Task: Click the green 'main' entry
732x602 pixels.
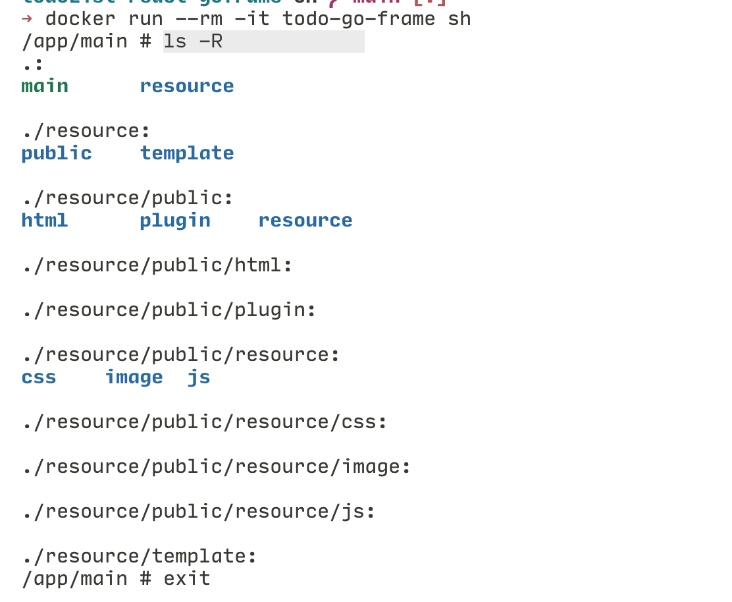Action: tap(45, 86)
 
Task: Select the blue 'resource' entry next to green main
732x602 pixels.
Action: tap(187, 86)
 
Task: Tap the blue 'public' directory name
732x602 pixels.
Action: tap(57, 153)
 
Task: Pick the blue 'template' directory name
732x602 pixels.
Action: tap(187, 153)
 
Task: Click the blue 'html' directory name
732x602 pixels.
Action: tap(45, 221)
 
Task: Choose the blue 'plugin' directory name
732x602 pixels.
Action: tap(175, 221)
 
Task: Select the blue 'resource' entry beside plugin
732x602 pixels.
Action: tap(305, 221)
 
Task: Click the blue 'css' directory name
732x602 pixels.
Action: tap(39, 377)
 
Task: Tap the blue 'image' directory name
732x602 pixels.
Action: tap(134, 377)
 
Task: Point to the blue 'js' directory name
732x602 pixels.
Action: tap(199, 377)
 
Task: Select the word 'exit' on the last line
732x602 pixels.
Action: tap(187, 579)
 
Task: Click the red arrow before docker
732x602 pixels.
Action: tap(27, 18)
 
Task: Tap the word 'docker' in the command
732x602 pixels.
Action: tap(80, 18)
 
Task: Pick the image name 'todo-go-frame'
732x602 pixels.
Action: tap(359, 18)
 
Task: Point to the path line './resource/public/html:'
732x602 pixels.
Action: tap(157, 265)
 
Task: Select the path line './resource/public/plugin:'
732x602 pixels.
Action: tap(169, 310)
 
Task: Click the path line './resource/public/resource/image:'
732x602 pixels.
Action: tap(216, 467)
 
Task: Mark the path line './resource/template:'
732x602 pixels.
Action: tap(139, 557)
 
